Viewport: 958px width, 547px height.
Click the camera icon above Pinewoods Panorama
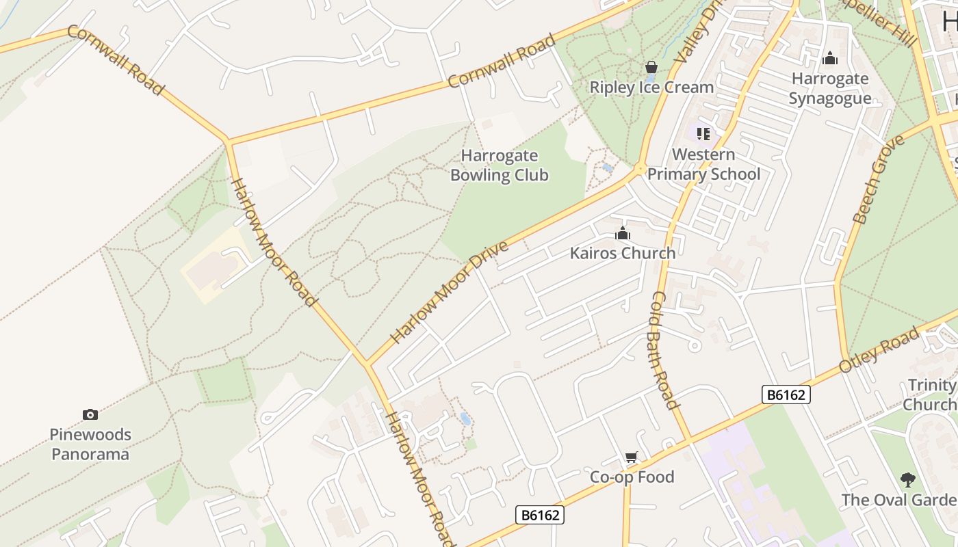[x=90, y=414]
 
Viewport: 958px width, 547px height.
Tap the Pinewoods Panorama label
[x=90, y=444]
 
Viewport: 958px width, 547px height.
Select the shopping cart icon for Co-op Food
[x=631, y=457]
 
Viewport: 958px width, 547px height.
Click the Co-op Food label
[x=632, y=477]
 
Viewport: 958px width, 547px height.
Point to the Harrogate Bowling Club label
[x=499, y=165]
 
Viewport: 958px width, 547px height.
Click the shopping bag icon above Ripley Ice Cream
[x=651, y=67]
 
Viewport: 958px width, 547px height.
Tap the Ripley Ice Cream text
[x=651, y=88]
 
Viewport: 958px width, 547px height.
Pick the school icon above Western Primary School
[x=703, y=133]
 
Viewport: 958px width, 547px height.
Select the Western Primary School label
[x=703, y=165]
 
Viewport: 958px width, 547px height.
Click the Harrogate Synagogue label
[x=829, y=89]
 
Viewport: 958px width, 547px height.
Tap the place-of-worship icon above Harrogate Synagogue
[x=829, y=59]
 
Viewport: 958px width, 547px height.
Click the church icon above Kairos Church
[x=622, y=234]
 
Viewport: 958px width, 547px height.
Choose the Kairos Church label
[x=622, y=253]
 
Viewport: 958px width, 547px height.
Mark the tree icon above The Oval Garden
[x=907, y=479]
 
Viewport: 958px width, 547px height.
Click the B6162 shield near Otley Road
[x=786, y=395]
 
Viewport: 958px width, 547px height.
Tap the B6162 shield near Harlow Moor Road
[x=540, y=515]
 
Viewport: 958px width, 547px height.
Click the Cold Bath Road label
[x=663, y=350]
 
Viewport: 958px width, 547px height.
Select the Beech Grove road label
[x=879, y=179]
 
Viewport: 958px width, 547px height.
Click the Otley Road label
[x=879, y=350]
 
